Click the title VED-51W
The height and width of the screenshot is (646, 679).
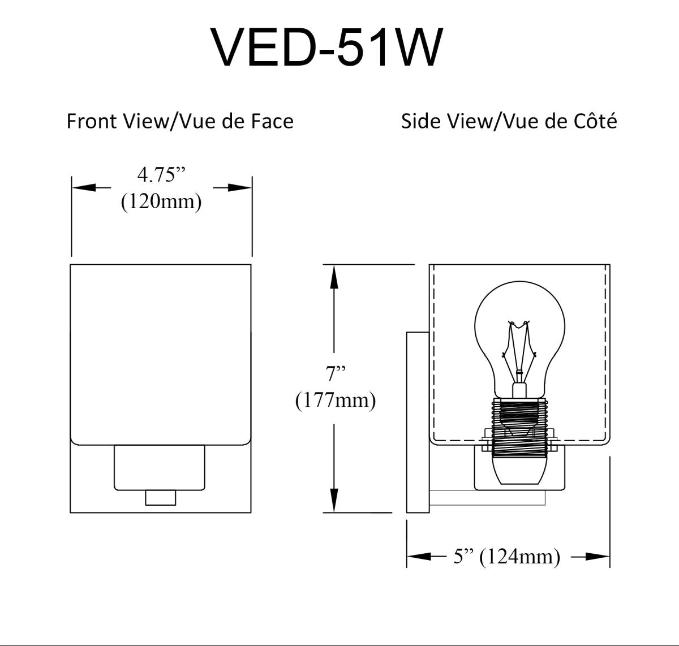coord(326,48)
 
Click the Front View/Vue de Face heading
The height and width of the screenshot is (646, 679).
coord(180,121)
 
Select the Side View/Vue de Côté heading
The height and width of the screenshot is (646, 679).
coord(509,121)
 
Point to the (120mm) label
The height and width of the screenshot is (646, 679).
coord(161,201)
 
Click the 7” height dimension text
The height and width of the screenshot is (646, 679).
coord(336,373)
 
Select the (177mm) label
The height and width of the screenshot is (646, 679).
coord(336,400)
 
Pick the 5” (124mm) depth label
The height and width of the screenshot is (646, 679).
coord(506,557)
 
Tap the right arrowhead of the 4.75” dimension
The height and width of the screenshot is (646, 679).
coord(240,188)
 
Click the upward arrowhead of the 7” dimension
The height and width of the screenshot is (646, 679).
coord(334,277)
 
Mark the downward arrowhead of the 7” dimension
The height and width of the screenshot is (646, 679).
coord(334,500)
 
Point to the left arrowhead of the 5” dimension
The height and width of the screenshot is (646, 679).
coord(419,557)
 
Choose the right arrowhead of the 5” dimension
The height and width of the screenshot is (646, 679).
coord(598,557)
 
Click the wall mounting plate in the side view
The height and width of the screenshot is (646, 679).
coord(418,422)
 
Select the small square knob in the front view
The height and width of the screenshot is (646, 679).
coord(160,498)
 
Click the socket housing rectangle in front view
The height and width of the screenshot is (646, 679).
coord(160,467)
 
